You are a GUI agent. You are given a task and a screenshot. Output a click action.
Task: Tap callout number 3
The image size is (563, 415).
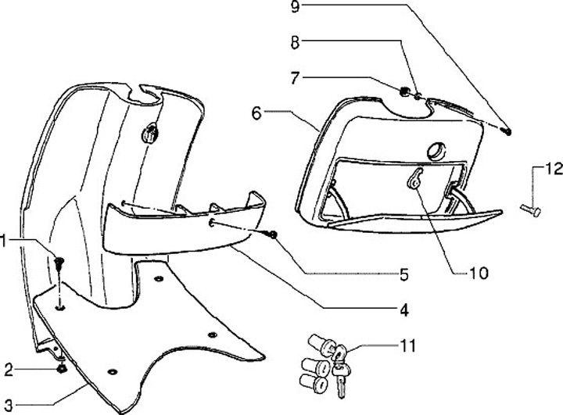point(8,404)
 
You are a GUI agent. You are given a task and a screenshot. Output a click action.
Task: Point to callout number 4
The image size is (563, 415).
point(403,310)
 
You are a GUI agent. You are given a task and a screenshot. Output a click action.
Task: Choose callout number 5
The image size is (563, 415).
point(403,274)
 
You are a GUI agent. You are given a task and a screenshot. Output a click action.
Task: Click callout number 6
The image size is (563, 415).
point(256,113)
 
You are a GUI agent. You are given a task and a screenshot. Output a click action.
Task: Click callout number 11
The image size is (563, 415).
point(407,345)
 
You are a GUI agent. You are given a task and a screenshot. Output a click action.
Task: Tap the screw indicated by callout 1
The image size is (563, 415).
point(59,262)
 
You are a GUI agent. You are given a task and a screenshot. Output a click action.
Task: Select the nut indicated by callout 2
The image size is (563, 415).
point(61,368)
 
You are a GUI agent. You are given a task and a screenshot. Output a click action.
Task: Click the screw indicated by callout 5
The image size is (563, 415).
point(274,234)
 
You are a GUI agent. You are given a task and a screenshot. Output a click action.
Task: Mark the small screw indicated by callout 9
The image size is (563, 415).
point(509,131)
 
